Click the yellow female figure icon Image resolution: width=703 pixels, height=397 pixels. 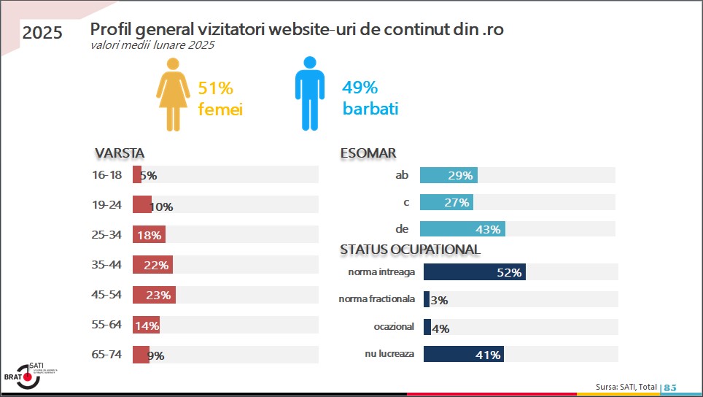(172, 95)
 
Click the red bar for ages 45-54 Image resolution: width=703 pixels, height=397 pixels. (154, 295)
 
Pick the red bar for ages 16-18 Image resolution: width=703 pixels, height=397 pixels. (136, 175)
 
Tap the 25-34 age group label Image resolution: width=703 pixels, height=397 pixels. (106, 235)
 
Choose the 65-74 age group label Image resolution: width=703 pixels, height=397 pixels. (106, 355)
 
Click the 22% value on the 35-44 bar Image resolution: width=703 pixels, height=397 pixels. (156, 266)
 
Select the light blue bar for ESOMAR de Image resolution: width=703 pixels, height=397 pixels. (462, 229)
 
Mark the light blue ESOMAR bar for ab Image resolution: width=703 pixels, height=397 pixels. (448, 175)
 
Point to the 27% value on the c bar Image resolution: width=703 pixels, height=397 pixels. (457, 203)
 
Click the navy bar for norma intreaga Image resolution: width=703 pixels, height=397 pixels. (474, 272)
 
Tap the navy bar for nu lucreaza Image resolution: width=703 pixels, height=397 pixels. (463, 355)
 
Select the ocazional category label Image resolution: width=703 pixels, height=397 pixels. (394, 327)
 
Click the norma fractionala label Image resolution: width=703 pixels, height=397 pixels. (377, 299)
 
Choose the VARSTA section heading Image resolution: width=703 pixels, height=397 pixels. (120, 153)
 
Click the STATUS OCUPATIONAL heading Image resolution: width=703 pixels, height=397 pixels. (410, 250)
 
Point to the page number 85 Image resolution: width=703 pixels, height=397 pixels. (670, 387)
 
